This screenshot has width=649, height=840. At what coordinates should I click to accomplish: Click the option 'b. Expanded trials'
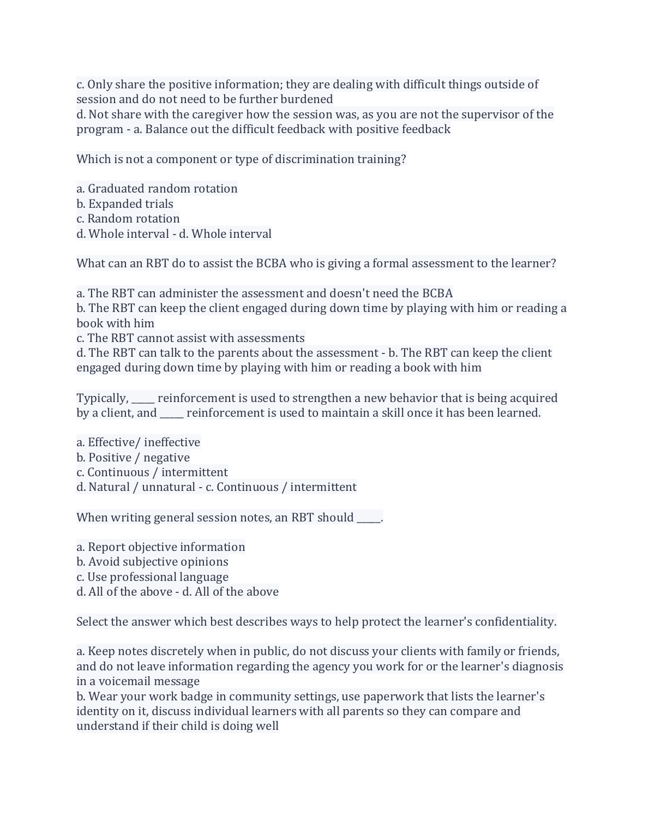click(125, 204)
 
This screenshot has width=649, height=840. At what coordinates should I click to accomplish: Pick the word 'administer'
click(188, 293)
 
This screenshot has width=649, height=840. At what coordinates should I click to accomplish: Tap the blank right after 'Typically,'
click(143, 399)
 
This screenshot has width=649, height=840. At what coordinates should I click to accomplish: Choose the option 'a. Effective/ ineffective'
click(139, 442)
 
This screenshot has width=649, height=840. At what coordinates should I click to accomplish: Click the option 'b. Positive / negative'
click(133, 458)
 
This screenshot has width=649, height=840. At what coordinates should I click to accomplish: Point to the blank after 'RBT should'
click(369, 519)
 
